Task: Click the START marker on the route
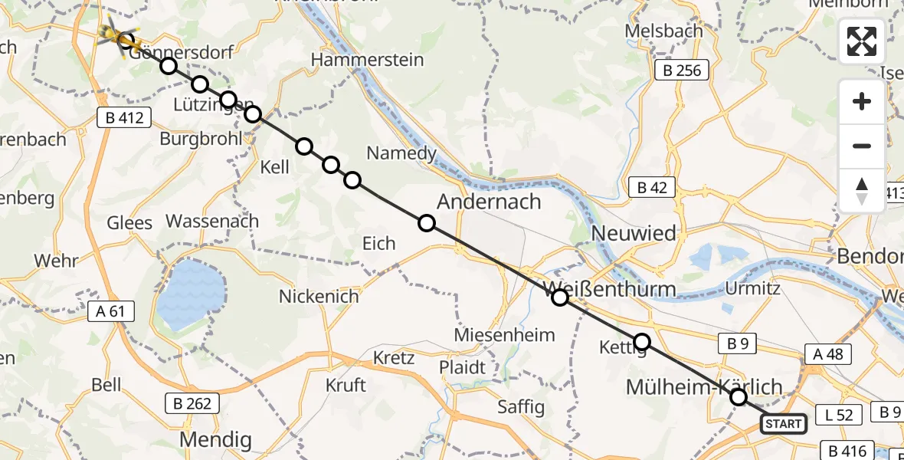pyautogui.click(x=783, y=424)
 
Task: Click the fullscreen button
pyautogui.click(x=862, y=41)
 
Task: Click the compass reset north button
pyautogui.click(x=862, y=190)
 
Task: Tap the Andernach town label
pyautogui.click(x=489, y=202)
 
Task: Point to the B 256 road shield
pyautogui.click(x=682, y=71)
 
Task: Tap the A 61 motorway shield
pyautogui.click(x=111, y=311)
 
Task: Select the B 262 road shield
pyautogui.click(x=192, y=402)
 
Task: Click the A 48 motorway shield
pyautogui.click(x=827, y=353)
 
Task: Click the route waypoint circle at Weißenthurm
pyautogui.click(x=560, y=297)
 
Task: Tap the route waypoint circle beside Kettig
pyautogui.click(x=642, y=342)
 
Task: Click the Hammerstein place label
pyautogui.click(x=366, y=58)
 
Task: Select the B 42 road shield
pyautogui.click(x=651, y=187)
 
